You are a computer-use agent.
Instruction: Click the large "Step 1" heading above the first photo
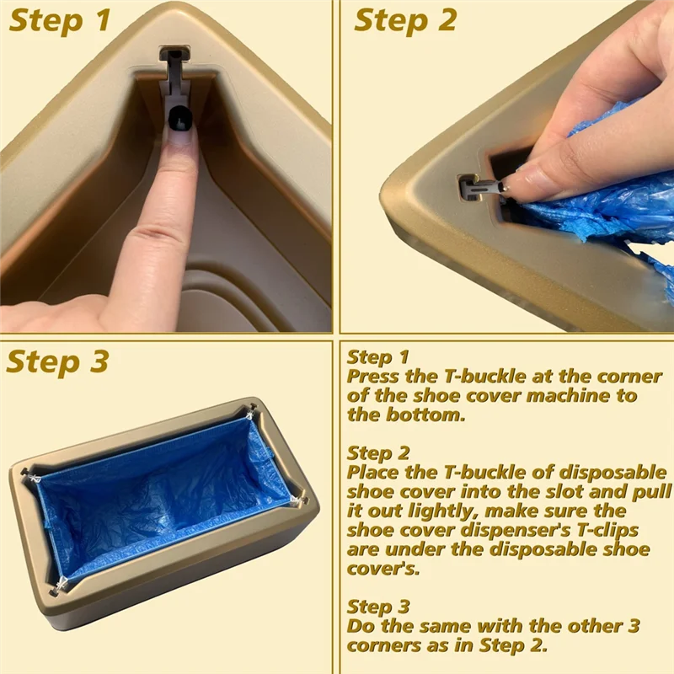pos(60,20)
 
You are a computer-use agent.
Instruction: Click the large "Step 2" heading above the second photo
pos(404,20)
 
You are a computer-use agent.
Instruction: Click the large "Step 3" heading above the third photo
pos(57,361)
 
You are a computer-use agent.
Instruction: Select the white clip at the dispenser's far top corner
pos(249,414)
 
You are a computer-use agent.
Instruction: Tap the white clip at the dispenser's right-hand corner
pos(297,500)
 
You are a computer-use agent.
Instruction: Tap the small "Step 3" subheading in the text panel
pos(377,607)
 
